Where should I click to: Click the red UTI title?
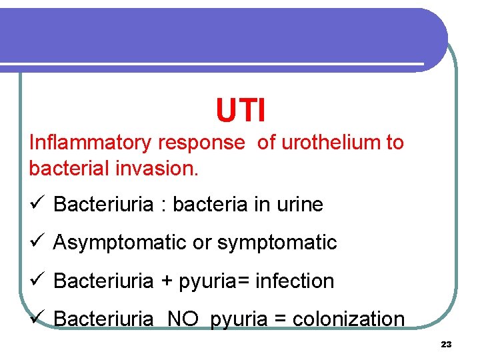[241, 111]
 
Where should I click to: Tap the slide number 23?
[446, 345]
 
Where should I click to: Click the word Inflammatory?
[91, 143]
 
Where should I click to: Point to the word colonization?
[349, 319]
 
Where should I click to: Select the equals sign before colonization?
[281, 320]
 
